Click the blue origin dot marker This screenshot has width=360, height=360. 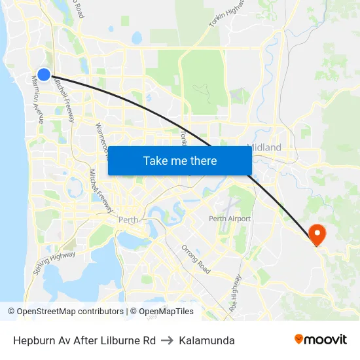pos(44,74)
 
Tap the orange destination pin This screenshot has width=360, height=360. pos(317,234)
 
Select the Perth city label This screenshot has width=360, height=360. pos(128,220)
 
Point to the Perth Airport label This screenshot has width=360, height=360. pos(230,219)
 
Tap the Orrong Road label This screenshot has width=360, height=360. pos(196,259)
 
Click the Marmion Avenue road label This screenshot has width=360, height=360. pos(37,99)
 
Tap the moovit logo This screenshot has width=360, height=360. pos(321,340)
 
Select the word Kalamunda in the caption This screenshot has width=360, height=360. pos(207,340)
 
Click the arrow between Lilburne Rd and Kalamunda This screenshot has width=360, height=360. pos(167,340)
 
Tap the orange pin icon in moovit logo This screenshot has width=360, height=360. pos(299,339)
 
